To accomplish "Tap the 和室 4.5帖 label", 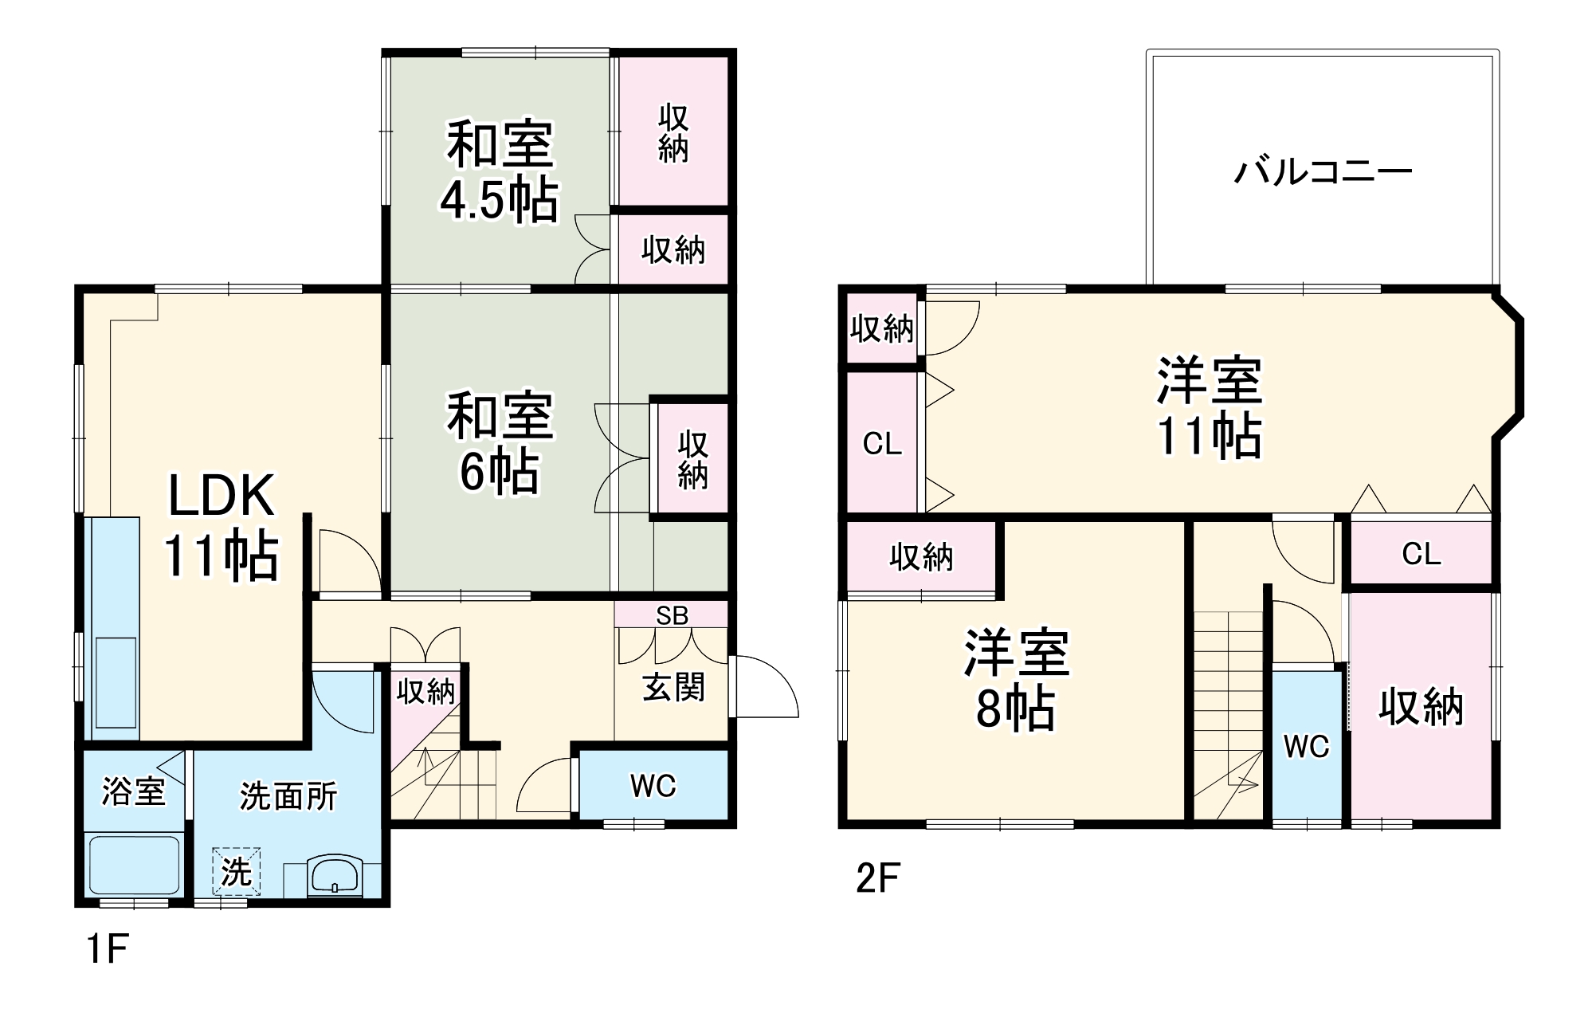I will point(500,171).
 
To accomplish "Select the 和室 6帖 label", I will point(500,442).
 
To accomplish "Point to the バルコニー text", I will point(1323,171).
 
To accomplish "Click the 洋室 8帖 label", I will point(1016,680).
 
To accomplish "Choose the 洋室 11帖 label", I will point(1210,408).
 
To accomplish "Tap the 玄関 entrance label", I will point(673,687).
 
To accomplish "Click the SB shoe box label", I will point(672,615).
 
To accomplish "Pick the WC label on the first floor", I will point(653,786).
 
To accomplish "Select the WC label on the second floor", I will point(1307,746).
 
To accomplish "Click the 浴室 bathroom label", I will point(133,791).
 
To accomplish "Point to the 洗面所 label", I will point(288,796).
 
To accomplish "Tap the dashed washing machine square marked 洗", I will point(236,871).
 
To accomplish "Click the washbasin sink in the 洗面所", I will point(334,876).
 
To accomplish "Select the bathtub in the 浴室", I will point(134,865).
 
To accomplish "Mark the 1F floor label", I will point(107,949).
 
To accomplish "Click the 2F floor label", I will point(877,878).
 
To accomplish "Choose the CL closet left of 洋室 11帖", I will point(882,443).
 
